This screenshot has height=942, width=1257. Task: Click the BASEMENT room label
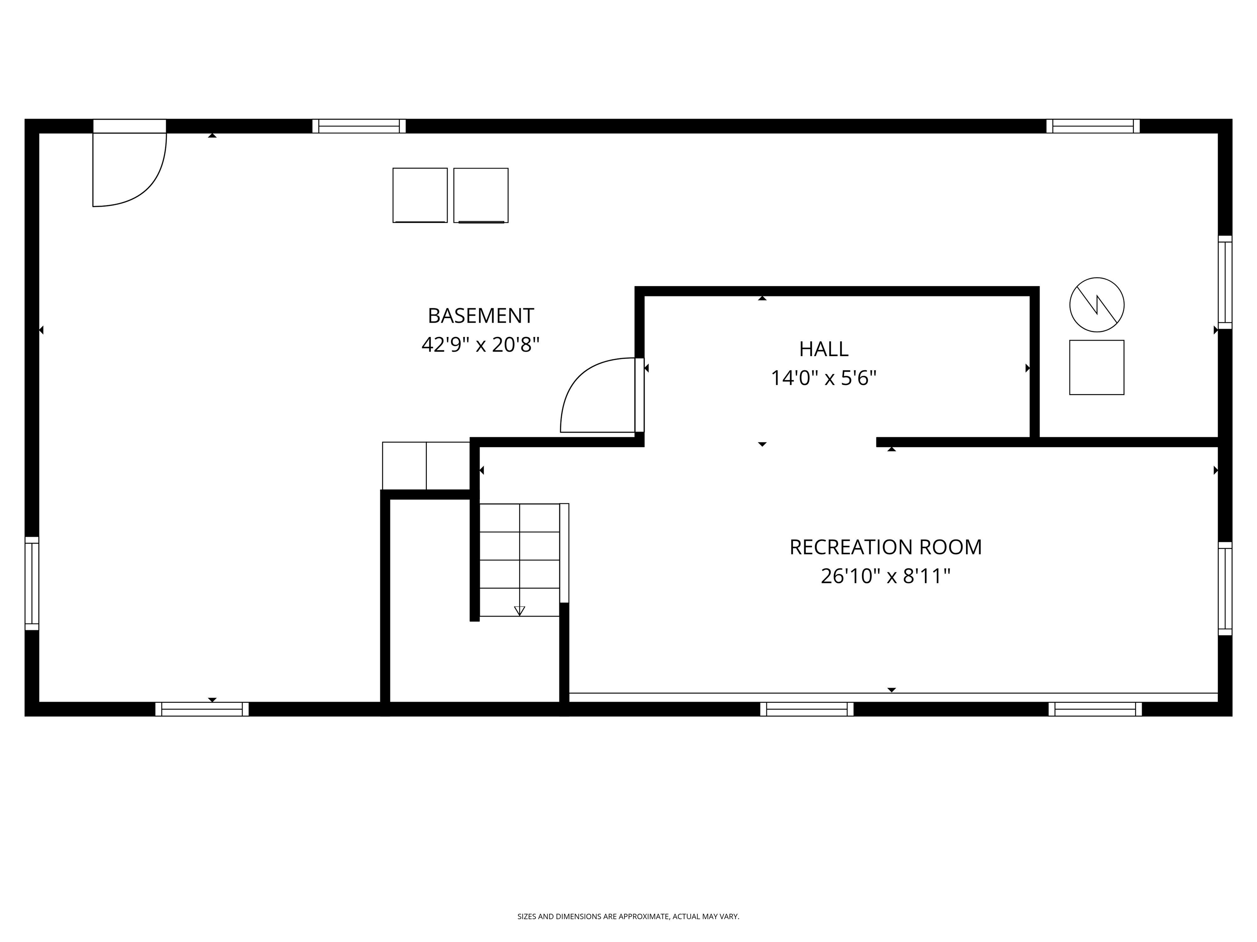(480, 316)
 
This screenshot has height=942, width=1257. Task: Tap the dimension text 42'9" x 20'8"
(480, 345)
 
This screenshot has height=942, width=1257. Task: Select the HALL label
(823, 349)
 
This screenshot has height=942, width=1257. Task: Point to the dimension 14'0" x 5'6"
(823, 378)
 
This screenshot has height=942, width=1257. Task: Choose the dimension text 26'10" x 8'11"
(885, 576)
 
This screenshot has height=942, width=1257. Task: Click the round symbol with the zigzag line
(1096, 305)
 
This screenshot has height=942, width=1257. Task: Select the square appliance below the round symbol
(1096, 368)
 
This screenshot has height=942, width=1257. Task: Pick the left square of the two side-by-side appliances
(420, 195)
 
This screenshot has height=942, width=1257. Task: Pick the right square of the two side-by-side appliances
(481, 195)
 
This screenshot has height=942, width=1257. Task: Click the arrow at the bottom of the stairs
(519, 611)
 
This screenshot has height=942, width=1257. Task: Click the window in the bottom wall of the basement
(202, 709)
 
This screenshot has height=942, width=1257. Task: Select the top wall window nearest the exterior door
(358, 126)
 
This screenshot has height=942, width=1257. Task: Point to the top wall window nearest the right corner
(1093, 126)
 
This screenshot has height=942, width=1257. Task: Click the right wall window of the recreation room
(1225, 589)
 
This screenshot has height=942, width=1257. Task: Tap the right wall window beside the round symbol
(1225, 282)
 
